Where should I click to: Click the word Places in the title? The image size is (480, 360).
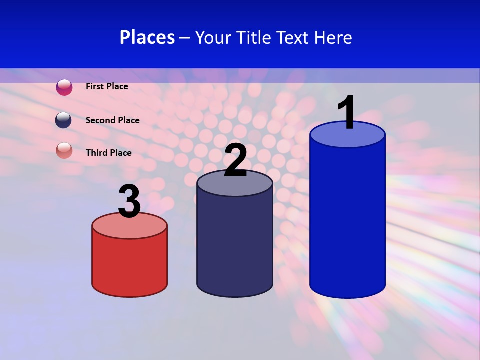[147, 37]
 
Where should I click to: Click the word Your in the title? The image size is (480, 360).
[213, 37]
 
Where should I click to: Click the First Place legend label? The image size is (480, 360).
[107, 86]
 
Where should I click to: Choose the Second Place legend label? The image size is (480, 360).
[112, 120]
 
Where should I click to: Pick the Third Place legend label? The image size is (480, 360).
[108, 153]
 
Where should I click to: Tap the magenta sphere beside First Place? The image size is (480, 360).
[64, 87]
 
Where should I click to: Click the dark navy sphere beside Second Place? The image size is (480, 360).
[63, 120]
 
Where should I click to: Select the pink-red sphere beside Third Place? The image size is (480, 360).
[64, 150]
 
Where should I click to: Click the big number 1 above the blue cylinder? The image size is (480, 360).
[347, 113]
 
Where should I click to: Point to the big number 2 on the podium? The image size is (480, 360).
[235, 160]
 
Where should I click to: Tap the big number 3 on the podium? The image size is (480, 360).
[129, 202]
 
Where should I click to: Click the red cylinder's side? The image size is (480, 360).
[129, 265]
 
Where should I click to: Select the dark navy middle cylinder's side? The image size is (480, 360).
[235, 245]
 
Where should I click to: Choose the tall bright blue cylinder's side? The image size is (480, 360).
[347, 220]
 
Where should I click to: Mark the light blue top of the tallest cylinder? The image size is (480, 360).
[347, 137]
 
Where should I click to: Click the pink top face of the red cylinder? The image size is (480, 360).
[129, 227]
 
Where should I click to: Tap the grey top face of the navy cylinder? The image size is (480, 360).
[235, 185]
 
